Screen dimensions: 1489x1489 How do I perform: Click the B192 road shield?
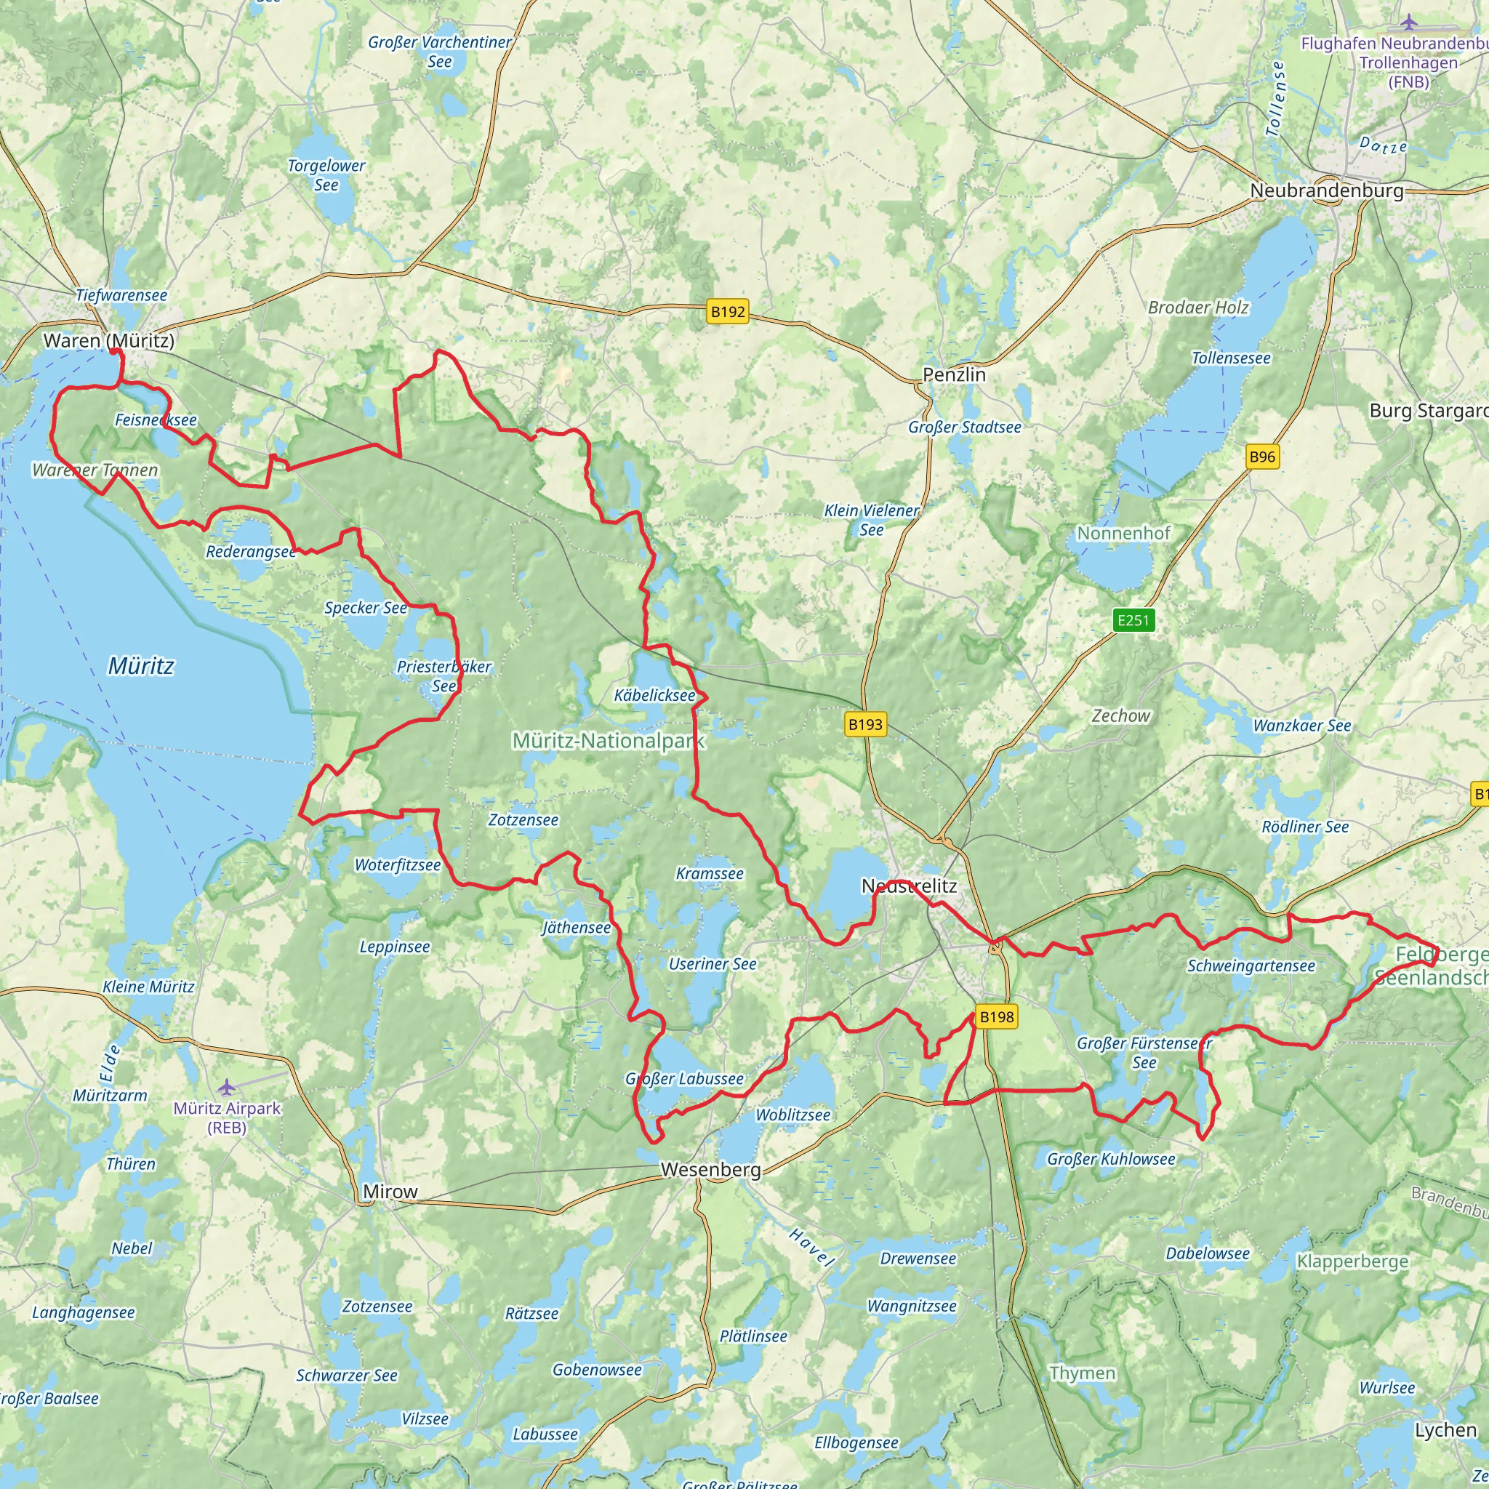[728, 311]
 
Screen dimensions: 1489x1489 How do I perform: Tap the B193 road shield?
[864, 723]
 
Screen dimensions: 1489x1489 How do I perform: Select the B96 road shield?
[1262, 457]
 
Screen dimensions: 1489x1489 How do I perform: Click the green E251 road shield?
[1133, 619]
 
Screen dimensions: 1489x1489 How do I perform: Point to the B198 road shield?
[996, 1016]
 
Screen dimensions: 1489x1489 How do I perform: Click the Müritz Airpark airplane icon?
[226, 1088]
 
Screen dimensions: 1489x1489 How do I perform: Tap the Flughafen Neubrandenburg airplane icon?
[1409, 21]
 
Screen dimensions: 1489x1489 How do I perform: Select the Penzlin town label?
[954, 374]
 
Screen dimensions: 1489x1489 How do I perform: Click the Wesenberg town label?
[710, 1169]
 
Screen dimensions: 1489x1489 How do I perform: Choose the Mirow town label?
[390, 1192]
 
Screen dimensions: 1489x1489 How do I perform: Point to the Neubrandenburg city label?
[1326, 190]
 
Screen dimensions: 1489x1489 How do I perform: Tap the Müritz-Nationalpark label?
[609, 741]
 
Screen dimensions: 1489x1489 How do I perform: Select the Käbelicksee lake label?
[654, 695]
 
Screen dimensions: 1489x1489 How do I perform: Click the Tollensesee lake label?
[1231, 358]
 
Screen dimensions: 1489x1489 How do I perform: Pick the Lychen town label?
[1445, 1429]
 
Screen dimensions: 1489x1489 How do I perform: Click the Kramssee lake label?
[709, 873]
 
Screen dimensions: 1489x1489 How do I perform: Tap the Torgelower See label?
[326, 175]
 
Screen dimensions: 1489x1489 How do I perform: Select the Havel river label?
[811, 1248]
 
